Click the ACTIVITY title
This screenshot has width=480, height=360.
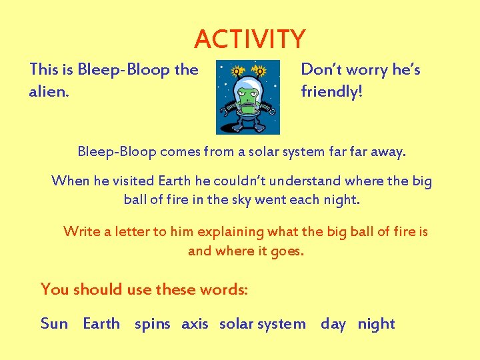(249, 39)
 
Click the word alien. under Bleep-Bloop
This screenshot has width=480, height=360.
(49, 92)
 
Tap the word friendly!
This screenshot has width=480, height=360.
(332, 91)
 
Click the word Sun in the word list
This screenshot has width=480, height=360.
(54, 324)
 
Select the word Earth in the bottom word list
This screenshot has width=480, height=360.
(101, 324)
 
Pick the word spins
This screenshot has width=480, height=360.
(152, 325)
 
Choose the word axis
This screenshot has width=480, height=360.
(195, 324)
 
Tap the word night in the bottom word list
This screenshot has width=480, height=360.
(376, 325)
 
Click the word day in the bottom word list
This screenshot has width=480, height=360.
(333, 325)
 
